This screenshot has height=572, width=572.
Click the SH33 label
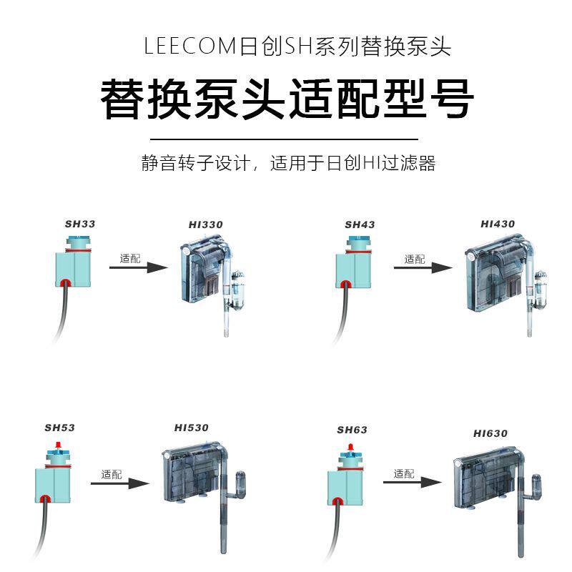[x=80, y=224]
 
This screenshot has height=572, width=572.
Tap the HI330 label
[x=206, y=225]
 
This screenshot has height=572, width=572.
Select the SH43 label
[x=360, y=225]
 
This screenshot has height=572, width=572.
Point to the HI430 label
[x=498, y=224]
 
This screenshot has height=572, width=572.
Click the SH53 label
[x=59, y=428]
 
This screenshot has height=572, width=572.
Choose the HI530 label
[x=192, y=428]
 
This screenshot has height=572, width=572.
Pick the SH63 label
[x=352, y=430]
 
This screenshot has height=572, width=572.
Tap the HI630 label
[x=490, y=433]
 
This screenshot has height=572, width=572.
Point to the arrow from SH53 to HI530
[x=119, y=483]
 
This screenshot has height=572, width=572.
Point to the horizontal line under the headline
[x=287, y=139]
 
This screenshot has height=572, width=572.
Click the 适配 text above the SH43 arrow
[x=415, y=259]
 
